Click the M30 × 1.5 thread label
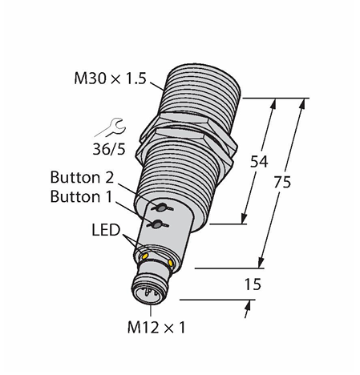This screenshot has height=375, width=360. point(110,79)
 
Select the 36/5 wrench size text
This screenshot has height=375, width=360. point(109,149)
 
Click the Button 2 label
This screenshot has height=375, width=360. point(82,177)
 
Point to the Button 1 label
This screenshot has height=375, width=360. point(81,196)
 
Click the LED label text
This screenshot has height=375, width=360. point(106,230)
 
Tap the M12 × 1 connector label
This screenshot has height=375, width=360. point(156,328)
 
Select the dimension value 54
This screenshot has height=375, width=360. point(259,162)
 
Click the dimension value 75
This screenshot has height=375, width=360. point(282,183)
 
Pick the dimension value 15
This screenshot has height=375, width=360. point(253,284)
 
